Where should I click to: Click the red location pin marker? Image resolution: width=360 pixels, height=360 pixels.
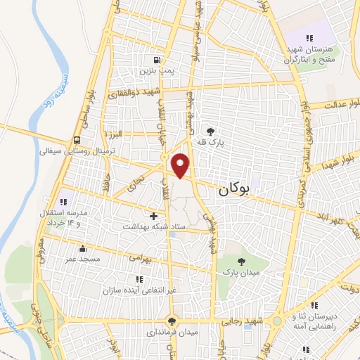181,165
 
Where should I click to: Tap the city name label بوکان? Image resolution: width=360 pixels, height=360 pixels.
234,188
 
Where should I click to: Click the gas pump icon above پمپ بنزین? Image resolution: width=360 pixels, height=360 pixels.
156,59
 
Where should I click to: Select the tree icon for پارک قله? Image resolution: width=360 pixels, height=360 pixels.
209,130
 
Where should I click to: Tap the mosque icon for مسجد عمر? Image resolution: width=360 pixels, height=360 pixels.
83,247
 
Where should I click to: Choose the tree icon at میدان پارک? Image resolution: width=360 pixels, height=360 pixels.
242,261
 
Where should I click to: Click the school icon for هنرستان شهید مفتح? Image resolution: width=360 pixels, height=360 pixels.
308,38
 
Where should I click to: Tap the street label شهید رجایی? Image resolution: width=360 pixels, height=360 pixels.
254,321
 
